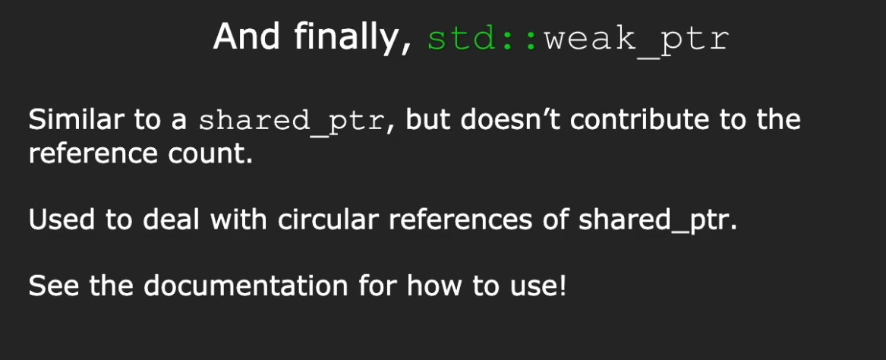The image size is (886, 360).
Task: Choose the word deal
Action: [172, 219]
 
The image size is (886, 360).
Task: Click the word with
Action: [240, 219]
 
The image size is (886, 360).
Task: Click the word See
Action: [54, 286]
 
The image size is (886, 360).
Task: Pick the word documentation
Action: [246, 286]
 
